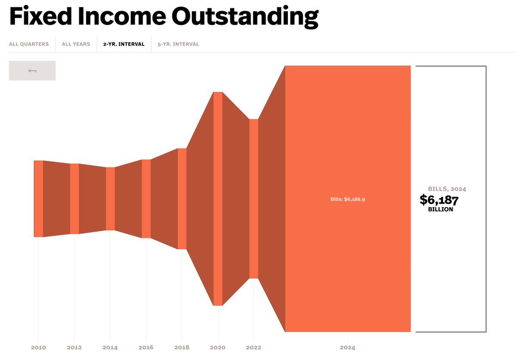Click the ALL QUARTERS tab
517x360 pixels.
(29, 44)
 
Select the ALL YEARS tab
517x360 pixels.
(76, 44)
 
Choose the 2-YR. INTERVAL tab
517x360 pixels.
(124, 44)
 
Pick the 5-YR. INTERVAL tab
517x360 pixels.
(178, 44)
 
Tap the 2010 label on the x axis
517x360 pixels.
(38, 348)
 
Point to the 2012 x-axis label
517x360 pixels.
(74, 348)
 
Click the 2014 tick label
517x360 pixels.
(110, 348)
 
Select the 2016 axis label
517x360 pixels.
(146, 348)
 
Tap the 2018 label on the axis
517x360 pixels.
(182, 348)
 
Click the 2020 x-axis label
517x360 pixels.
(218, 348)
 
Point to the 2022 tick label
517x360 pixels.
(253, 348)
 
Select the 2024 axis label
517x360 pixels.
(348, 348)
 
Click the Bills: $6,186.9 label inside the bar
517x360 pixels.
(348, 199)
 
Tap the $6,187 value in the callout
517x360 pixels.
(439, 200)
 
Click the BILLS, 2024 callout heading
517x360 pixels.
(447, 189)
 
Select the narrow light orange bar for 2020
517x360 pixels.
(218, 199)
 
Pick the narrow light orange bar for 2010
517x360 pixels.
(38, 199)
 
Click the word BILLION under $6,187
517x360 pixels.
(441, 209)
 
